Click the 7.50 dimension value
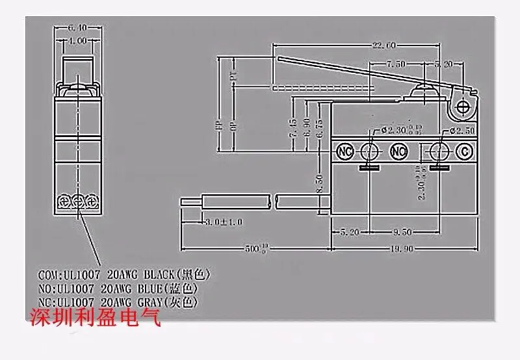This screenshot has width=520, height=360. pyautogui.click(x=397, y=64)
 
